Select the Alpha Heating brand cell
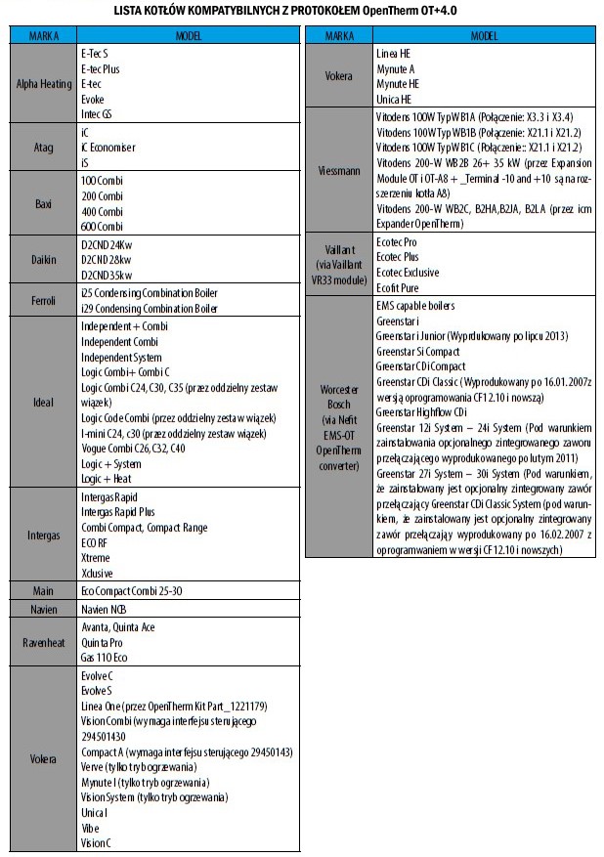pyautogui.click(x=44, y=84)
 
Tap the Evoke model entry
pyautogui.click(x=93, y=99)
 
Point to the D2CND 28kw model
pyautogui.click(x=108, y=260)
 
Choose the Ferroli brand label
pyautogui.click(x=44, y=299)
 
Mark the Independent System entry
pyautogui.click(x=123, y=358)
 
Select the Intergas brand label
pyautogui.click(x=44, y=536)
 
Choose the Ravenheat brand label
pyautogui.click(x=44, y=641)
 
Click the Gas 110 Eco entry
pyautogui.click(x=105, y=658)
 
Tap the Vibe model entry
pyautogui.click(x=91, y=828)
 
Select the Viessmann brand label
pyautogui.click(x=338, y=170)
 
